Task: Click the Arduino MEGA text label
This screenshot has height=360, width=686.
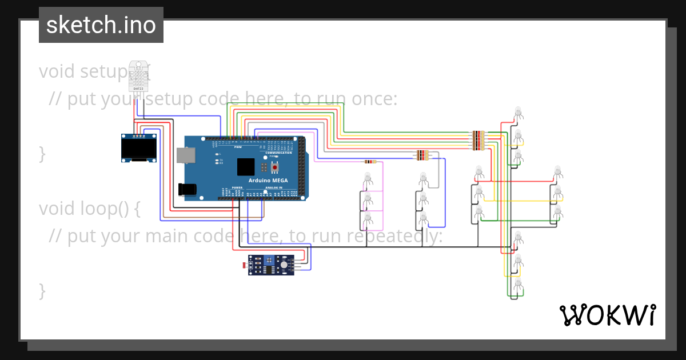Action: (268, 181)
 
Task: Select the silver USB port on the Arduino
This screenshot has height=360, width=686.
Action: (185, 155)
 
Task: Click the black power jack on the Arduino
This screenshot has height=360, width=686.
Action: (187, 190)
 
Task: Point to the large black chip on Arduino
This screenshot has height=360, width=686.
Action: (246, 166)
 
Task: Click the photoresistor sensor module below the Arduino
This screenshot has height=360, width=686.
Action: (271, 265)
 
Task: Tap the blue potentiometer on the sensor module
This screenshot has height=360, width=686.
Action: (267, 261)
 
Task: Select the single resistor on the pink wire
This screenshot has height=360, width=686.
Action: (370, 162)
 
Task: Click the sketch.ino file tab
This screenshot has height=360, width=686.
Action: (101, 25)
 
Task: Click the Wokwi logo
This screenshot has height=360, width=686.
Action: (607, 315)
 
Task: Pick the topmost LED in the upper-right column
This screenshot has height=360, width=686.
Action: (518, 111)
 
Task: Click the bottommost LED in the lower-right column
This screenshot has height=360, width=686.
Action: (519, 284)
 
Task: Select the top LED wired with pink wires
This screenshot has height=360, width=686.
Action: (368, 178)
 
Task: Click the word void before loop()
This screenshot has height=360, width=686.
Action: (57, 209)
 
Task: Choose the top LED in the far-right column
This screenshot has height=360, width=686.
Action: (558, 171)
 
